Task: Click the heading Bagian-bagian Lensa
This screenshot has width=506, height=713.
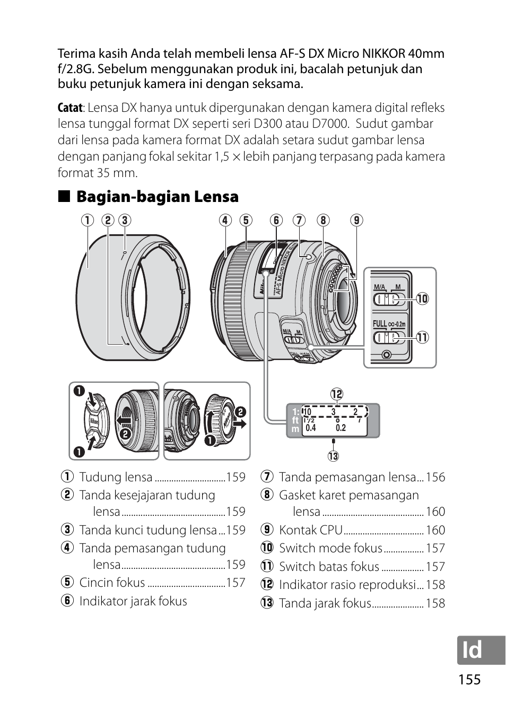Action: (157, 197)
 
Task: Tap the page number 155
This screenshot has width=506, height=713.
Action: (467, 680)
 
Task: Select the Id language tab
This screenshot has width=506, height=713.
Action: (472, 650)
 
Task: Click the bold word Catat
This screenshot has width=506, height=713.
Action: (70, 108)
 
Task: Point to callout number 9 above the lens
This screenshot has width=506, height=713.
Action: (356, 220)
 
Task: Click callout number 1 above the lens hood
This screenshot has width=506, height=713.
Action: (88, 220)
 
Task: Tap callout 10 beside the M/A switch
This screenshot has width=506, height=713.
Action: (422, 299)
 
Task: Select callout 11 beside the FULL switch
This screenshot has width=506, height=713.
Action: (422, 337)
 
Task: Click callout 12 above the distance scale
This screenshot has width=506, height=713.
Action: (337, 394)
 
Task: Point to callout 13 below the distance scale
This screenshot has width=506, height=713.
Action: (333, 456)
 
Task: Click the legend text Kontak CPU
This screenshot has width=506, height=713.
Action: (311, 530)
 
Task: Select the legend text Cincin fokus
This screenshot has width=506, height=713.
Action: (112, 583)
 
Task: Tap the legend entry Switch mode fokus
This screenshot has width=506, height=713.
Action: (330, 548)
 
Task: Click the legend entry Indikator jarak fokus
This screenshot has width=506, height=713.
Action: (133, 601)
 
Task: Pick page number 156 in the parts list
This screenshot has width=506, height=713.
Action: (435, 477)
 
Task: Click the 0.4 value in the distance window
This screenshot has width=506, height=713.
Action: (311, 428)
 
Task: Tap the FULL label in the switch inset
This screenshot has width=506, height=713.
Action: (380, 324)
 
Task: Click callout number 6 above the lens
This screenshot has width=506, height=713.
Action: (276, 220)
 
